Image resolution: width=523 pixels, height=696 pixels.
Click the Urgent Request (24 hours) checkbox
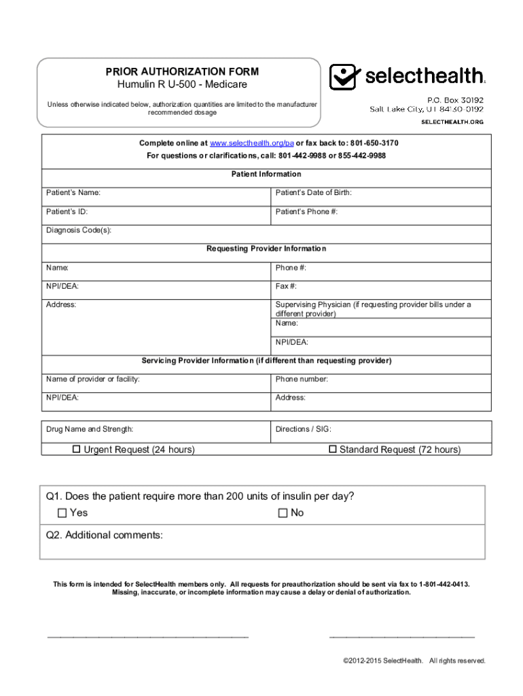click(77, 449)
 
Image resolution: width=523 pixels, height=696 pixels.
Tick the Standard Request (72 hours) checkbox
click(333, 449)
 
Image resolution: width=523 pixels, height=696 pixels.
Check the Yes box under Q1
click(62, 512)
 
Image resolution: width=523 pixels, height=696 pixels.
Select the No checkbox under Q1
click(283, 512)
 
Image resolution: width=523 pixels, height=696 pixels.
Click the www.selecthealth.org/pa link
click(251, 143)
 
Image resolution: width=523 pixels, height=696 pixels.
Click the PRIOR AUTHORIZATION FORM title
click(181, 71)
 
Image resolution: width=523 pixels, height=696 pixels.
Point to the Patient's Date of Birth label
click(314, 193)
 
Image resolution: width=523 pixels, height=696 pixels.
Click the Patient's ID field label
click(67, 211)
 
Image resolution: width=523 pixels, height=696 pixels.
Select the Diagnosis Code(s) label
click(79, 230)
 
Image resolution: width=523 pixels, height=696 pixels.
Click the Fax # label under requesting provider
click(286, 286)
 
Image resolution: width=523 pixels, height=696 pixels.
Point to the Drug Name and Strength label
click(90, 429)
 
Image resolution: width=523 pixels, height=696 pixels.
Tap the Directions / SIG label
click(304, 429)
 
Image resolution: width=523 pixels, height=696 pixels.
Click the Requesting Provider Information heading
click(266, 249)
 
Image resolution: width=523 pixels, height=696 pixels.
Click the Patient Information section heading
click(266, 175)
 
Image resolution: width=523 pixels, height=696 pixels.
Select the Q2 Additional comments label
click(105, 535)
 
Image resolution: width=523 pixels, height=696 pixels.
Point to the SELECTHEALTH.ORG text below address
click(452, 122)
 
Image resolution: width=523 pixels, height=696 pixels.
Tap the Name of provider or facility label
click(93, 379)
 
